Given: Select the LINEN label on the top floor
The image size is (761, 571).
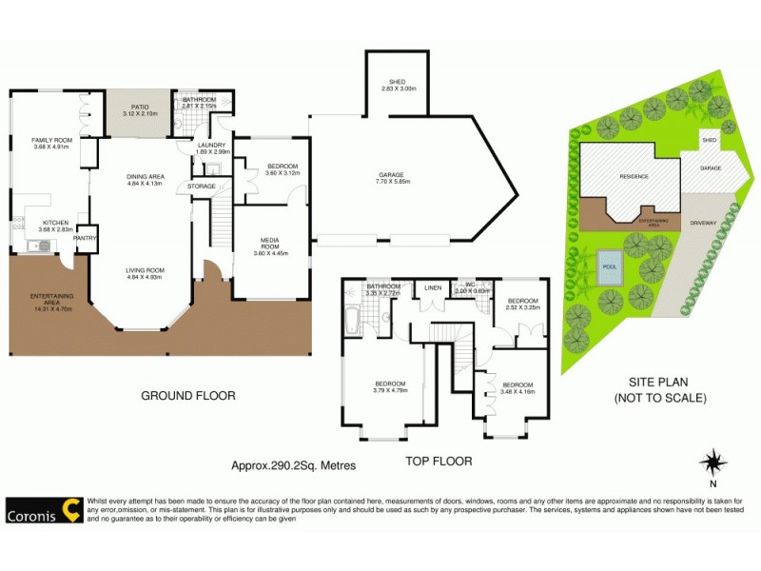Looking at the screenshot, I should (x=434, y=287).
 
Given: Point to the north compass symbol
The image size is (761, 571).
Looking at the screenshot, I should (x=713, y=464).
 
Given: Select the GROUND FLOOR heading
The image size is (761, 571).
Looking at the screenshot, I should (x=187, y=396).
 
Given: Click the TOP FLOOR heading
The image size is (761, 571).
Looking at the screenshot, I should (x=439, y=461).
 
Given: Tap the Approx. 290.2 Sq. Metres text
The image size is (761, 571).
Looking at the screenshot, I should (x=293, y=466).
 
